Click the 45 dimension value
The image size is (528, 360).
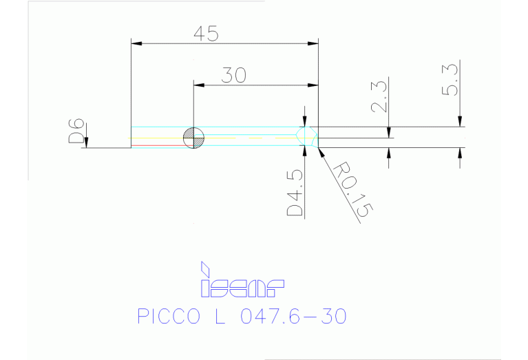coord(204,34)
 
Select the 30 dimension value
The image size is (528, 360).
coord(235,75)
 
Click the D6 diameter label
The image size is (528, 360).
coord(76,131)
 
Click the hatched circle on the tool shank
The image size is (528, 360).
coord(193,138)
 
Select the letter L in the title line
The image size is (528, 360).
coord(218,316)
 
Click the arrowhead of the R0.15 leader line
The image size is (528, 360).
coord(321,150)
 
